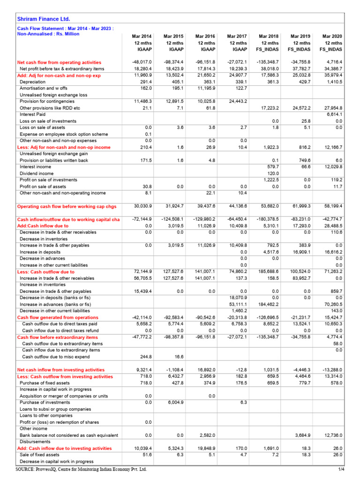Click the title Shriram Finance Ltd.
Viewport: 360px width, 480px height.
[44, 19]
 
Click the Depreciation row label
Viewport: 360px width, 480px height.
[32, 82]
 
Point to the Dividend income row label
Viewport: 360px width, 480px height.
[37, 173]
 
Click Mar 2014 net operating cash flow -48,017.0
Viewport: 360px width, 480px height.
[142, 62]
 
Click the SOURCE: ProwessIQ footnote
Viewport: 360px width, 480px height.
[81, 469]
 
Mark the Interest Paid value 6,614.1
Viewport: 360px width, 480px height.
[333, 114]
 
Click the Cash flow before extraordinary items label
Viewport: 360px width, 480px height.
[57, 337]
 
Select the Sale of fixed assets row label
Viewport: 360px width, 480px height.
[39, 455]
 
